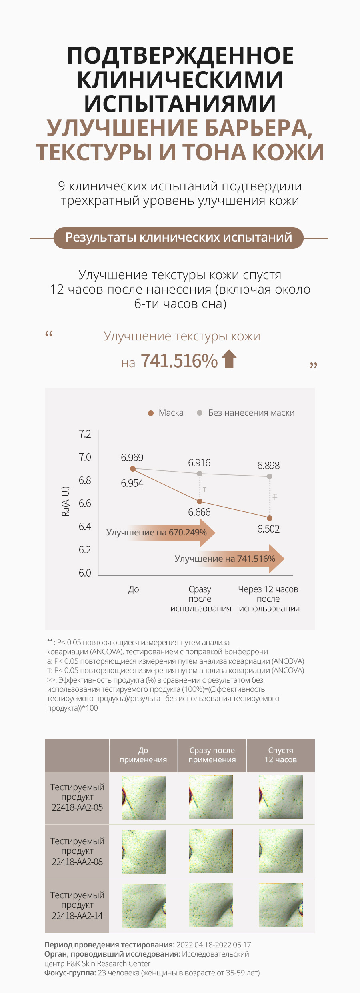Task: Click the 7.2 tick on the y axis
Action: point(85,434)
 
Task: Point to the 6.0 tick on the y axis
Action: point(85,573)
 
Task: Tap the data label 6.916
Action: point(199,463)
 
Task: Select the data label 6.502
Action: point(268,529)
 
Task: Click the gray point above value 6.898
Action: point(270,476)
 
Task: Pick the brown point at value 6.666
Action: point(200,501)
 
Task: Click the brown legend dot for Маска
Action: point(151,413)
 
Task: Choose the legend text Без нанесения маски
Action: point(251,413)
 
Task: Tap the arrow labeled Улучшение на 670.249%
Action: point(160,533)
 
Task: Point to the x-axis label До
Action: point(134,589)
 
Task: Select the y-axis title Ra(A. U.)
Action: point(66,501)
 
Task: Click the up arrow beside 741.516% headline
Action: point(229,358)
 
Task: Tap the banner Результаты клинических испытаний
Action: point(178,238)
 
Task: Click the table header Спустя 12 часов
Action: point(280,755)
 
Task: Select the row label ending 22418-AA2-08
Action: point(77,851)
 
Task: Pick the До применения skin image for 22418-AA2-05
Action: point(143,798)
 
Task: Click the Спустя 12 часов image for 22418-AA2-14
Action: point(280,905)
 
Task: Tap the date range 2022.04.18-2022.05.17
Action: point(214,945)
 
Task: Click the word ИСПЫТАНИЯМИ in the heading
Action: point(180,104)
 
